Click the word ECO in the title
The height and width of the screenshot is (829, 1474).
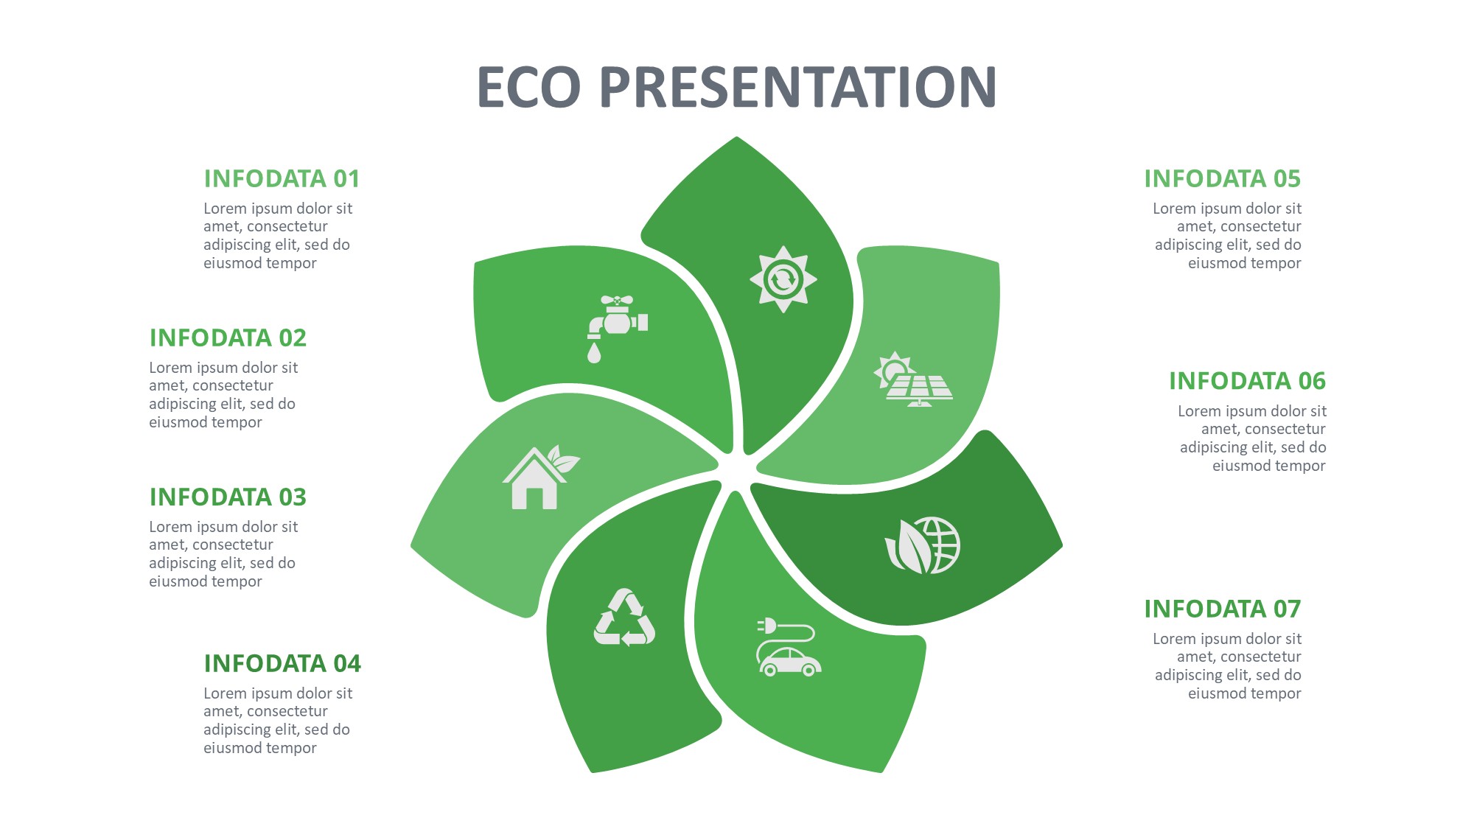click(529, 87)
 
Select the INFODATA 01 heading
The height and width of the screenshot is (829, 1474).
click(282, 178)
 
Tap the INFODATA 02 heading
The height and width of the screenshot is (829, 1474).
click(228, 337)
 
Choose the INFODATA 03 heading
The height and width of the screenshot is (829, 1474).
click(228, 497)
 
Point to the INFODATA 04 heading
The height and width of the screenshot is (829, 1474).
click(282, 663)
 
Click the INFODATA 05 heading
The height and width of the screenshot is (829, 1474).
click(1223, 178)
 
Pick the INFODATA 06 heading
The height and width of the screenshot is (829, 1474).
click(1247, 381)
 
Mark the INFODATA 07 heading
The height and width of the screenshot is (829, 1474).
click(1223, 609)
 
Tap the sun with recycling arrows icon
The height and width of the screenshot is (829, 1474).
click(783, 279)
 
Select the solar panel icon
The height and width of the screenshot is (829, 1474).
click(913, 379)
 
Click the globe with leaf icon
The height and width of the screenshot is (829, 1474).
click(923, 545)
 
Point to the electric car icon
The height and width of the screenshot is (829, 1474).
click(789, 647)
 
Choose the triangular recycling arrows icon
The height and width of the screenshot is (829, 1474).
click(624, 618)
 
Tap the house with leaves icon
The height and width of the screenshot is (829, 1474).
click(541, 478)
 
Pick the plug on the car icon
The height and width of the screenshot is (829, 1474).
click(766, 626)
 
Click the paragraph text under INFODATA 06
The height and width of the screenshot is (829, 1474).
click(1252, 438)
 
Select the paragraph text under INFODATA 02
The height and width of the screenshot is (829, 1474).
click(223, 395)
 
